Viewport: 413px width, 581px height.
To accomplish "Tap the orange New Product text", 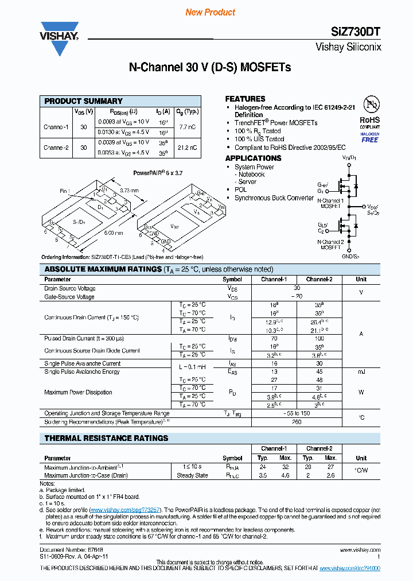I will click(x=211, y=12).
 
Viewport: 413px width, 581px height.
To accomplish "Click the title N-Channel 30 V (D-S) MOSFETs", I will click(x=210, y=67).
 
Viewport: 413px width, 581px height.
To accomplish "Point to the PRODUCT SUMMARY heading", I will click(x=83, y=101).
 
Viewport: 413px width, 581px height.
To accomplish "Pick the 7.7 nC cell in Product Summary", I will click(x=188, y=126).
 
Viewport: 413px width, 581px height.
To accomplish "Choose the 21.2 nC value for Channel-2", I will click(x=188, y=148).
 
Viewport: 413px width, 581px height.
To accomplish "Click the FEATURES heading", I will click(x=245, y=99).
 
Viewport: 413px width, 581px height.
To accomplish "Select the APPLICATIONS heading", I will click(x=253, y=158).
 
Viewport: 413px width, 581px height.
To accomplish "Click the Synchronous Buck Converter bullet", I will click(x=274, y=198).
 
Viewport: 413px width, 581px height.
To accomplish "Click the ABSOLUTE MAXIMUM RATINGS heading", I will click(x=103, y=269).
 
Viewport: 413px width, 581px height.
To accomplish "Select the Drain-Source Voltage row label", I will click(x=70, y=288).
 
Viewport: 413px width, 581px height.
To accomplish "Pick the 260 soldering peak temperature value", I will click(x=297, y=422).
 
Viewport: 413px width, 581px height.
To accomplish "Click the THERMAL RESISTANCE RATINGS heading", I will click(x=106, y=438).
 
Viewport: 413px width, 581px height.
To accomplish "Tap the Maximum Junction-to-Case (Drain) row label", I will click(x=86, y=475).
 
